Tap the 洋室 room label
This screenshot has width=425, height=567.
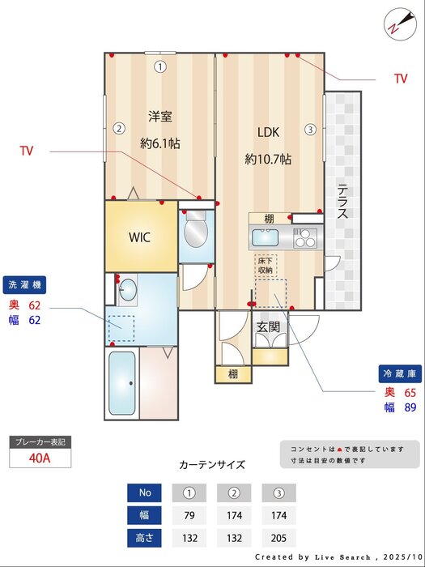[159, 117]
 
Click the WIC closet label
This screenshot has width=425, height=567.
[140, 237]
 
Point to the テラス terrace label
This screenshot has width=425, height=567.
[342, 202]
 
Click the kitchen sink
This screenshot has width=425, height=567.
[266, 238]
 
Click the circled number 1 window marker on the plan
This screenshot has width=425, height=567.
[160, 67]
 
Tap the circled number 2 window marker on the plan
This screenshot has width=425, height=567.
[118, 128]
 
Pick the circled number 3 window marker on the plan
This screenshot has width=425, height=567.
[310, 128]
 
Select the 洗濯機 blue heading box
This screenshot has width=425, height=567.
[27, 284]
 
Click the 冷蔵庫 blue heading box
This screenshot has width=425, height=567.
[400, 374]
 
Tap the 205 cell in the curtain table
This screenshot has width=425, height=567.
[278, 538]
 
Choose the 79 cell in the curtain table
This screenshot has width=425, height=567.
[189, 515]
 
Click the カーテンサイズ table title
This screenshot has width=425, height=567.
[211, 465]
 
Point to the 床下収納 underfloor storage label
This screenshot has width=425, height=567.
[266, 266]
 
